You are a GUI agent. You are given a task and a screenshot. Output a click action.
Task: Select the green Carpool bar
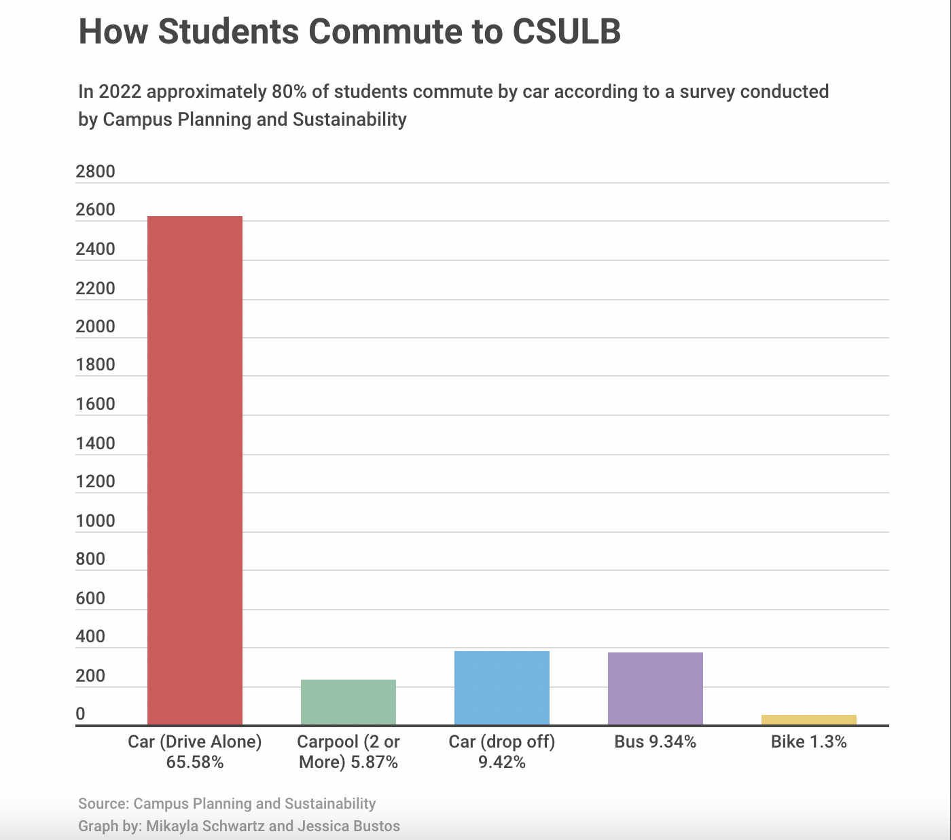coord(348,702)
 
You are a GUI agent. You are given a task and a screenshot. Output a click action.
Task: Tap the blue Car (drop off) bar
coord(501,688)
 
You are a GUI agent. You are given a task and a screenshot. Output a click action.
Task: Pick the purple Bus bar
coord(655,688)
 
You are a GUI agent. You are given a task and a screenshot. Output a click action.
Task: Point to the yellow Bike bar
coord(808,720)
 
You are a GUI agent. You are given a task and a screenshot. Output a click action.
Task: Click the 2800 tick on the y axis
coord(96,171)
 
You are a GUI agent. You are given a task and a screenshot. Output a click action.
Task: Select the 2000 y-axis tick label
coord(96,326)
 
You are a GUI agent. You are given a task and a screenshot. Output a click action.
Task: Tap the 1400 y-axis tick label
coord(96,443)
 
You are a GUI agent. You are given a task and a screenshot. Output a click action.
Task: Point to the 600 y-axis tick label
coord(91,598)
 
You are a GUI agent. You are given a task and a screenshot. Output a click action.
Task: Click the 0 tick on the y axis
coord(81,714)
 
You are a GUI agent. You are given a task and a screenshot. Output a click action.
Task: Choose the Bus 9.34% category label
coord(655,741)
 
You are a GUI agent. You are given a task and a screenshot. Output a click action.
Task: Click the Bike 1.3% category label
coord(808,741)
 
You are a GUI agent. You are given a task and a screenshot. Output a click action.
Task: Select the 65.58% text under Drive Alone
coord(195,762)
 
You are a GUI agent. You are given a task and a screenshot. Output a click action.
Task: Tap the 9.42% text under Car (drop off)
coord(501,762)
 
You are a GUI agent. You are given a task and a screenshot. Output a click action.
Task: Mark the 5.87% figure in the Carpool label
coord(373,762)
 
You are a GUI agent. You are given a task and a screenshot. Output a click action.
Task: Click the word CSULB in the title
coord(567,31)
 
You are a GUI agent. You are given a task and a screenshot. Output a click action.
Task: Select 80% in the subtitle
coord(289,92)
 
